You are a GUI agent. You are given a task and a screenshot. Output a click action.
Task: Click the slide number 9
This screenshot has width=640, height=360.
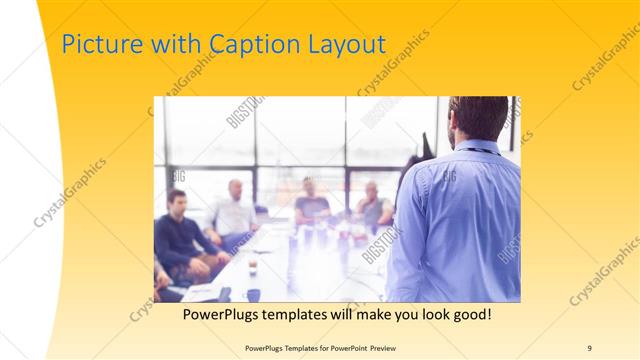click(590, 347)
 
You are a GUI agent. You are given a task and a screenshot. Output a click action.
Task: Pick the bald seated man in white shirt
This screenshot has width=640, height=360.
click(233, 210)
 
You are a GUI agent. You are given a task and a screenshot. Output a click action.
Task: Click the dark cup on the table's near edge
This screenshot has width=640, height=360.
click(253, 294)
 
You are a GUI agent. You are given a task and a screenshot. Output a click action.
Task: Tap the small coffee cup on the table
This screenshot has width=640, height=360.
click(251, 266)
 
